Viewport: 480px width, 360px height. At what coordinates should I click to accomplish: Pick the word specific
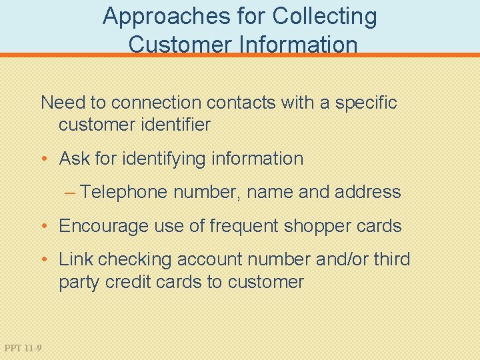[x=366, y=103]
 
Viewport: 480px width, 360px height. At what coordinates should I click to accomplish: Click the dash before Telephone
[x=71, y=193]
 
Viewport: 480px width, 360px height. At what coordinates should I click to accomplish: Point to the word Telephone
[x=125, y=193]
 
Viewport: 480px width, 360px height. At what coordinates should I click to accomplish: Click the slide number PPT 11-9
[x=22, y=347]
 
